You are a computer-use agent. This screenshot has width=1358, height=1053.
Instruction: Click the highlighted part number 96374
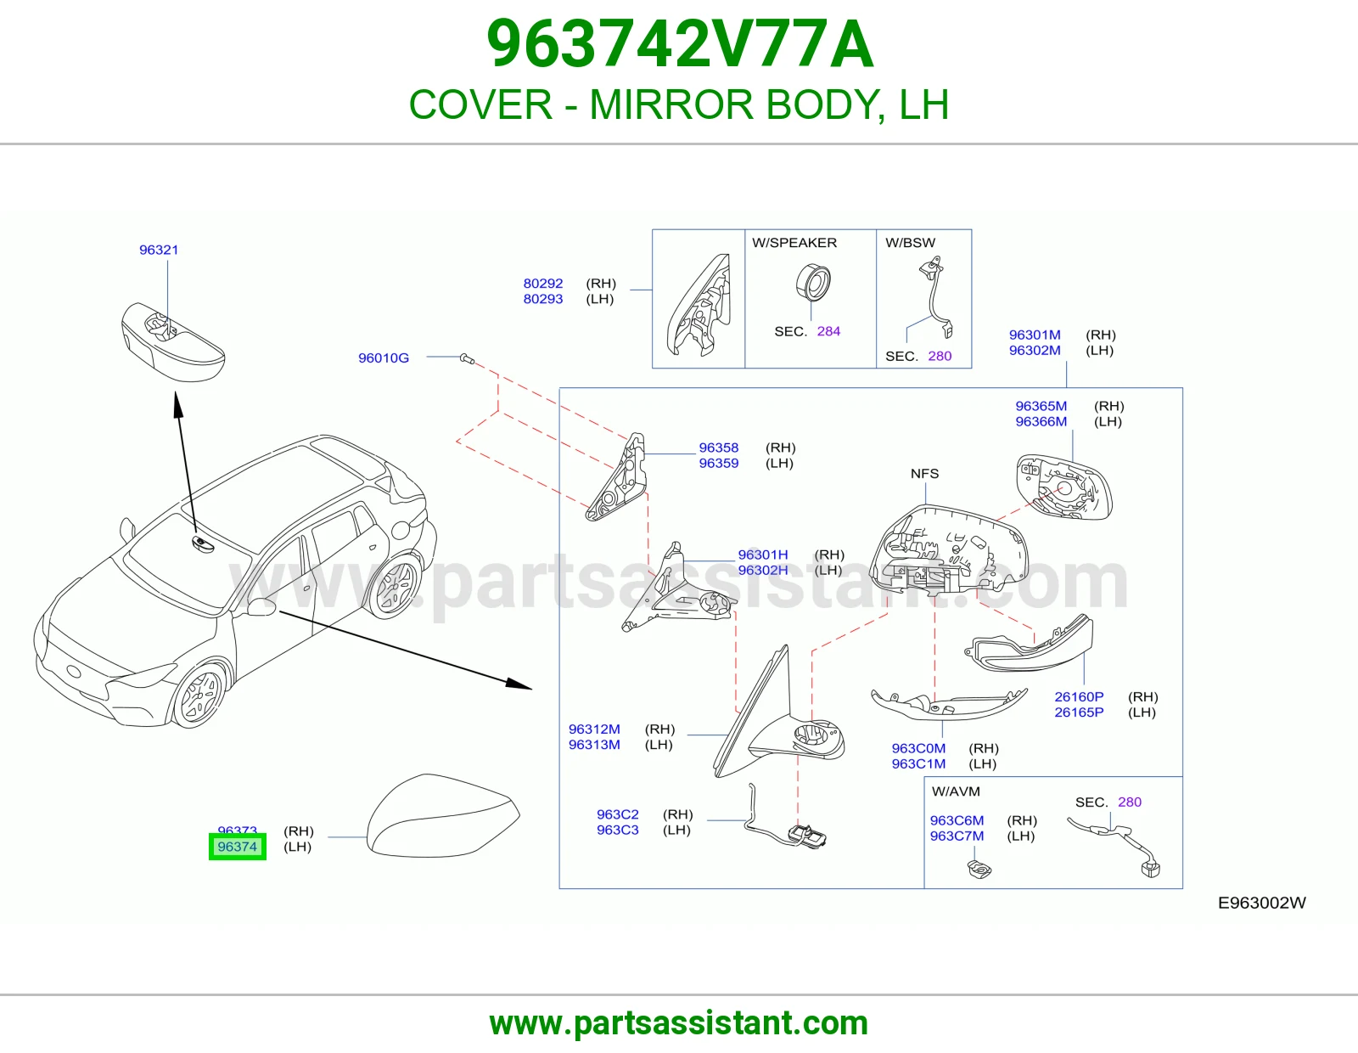click(x=238, y=847)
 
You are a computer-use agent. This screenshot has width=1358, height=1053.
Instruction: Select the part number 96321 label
click(x=159, y=251)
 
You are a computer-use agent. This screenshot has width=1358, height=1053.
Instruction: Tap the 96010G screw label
click(x=383, y=358)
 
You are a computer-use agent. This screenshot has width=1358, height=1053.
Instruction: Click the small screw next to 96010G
click(x=467, y=359)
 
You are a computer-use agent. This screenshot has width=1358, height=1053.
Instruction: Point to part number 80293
click(x=543, y=299)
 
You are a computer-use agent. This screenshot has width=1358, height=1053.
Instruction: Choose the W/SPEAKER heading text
click(x=794, y=243)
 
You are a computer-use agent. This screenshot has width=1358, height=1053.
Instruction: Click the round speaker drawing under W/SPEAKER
click(x=813, y=282)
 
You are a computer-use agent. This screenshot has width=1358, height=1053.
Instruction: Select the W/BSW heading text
click(x=910, y=243)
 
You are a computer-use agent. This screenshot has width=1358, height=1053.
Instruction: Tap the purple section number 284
click(x=828, y=331)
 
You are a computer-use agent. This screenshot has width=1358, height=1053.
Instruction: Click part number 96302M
click(x=1035, y=350)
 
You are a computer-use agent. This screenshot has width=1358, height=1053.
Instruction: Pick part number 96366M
click(x=1041, y=421)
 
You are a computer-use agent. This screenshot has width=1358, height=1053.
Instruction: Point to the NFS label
click(x=925, y=473)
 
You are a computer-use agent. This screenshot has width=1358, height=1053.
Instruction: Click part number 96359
click(x=719, y=464)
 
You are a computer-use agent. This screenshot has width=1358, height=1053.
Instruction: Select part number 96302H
click(x=763, y=571)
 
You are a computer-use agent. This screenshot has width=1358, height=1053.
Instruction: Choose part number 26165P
click(x=1080, y=712)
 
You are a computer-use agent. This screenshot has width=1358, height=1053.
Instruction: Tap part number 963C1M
click(x=918, y=763)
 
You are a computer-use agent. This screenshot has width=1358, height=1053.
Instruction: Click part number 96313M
click(x=594, y=745)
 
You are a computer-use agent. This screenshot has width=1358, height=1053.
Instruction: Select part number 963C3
click(x=617, y=830)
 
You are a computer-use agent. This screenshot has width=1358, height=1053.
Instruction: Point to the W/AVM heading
click(x=956, y=791)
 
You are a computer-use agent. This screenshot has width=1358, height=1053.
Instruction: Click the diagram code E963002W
click(x=1262, y=903)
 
